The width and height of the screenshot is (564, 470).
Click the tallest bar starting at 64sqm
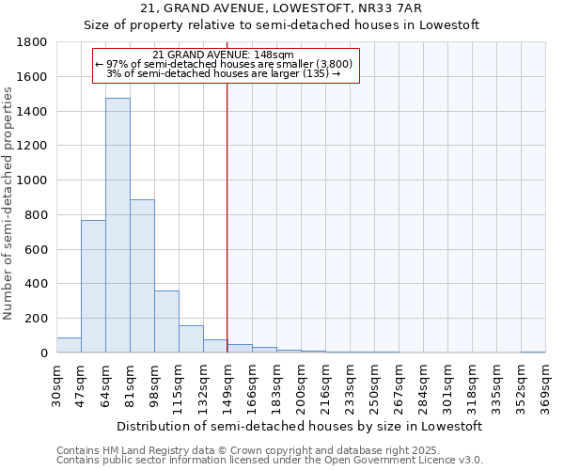click(x=117, y=226)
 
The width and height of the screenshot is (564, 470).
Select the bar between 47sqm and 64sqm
click(x=93, y=287)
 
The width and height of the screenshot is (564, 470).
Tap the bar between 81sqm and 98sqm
click(x=142, y=276)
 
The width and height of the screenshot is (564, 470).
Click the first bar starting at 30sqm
click(x=69, y=345)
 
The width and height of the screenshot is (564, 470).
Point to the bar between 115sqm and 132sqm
click(x=191, y=339)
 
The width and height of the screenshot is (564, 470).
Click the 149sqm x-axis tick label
click(x=227, y=384)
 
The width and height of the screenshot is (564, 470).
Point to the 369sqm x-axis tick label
click(x=545, y=384)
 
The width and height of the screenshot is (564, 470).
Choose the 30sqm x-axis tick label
click(x=56, y=384)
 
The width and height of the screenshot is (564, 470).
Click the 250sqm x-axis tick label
click(x=374, y=384)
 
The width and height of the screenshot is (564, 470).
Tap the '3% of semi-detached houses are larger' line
click(x=223, y=73)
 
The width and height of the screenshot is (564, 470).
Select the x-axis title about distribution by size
click(x=301, y=426)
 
